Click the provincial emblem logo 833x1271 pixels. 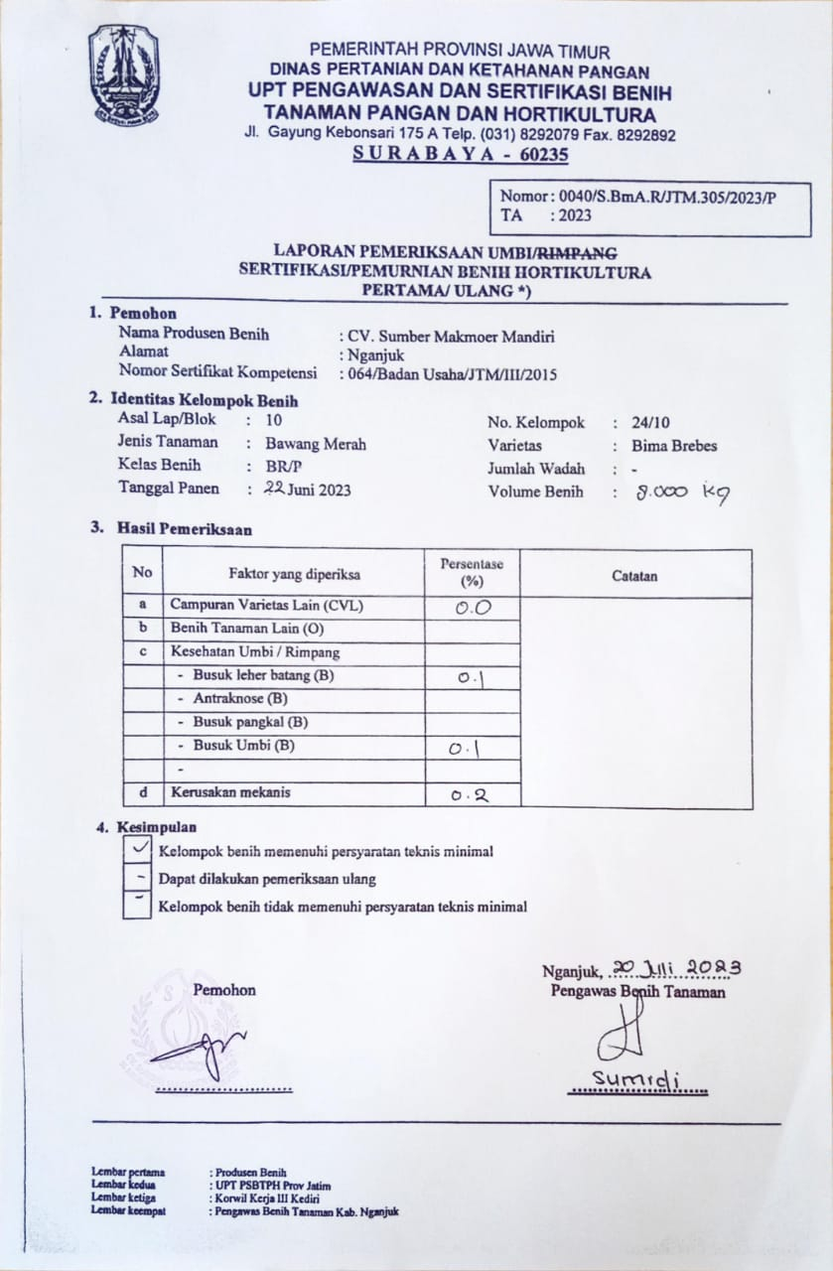click(x=123, y=74)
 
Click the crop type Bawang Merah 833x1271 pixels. click(x=316, y=444)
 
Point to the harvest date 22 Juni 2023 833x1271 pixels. click(x=307, y=489)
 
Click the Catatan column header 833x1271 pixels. click(x=634, y=575)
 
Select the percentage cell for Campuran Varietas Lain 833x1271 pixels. click(x=472, y=608)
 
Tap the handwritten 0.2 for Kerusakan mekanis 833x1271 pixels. click(x=472, y=794)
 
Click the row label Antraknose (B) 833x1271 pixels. click(x=234, y=698)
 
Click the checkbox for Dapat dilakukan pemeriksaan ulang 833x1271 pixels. click(x=137, y=878)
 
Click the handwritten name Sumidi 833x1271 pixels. click(x=635, y=1078)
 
